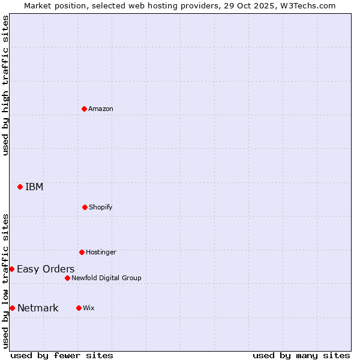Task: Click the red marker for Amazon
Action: (x=84, y=109)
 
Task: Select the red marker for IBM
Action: (x=20, y=187)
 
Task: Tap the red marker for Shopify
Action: (x=85, y=207)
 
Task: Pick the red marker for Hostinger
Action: (x=82, y=252)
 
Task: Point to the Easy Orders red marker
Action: (x=11, y=269)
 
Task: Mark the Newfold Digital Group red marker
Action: (x=67, y=278)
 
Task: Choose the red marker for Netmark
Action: (x=12, y=308)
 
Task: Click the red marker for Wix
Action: (x=79, y=308)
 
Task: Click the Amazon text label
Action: (x=101, y=109)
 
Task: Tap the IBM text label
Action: (x=34, y=187)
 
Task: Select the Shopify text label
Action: (x=101, y=207)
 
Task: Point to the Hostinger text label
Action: (x=101, y=252)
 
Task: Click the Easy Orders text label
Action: (x=46, y=269)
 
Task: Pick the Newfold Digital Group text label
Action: (x=106, y=278)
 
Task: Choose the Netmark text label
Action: (x=38, y=308)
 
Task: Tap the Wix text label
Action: (x=89, y=308)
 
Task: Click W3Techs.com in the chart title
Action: (x=307, y=5)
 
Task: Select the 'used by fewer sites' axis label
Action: (x=62, y=355)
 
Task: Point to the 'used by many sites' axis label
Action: (x=301, y=355)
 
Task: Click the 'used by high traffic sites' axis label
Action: (x=5, y=85)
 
